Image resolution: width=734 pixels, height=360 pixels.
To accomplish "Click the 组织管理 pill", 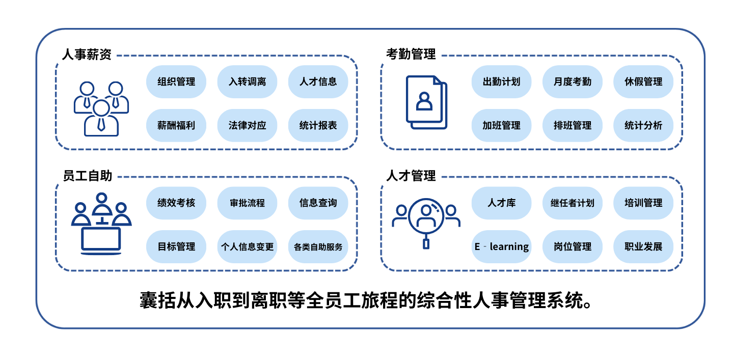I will tap(176, 81).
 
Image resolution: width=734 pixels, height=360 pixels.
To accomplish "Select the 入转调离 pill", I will tap(247, 81).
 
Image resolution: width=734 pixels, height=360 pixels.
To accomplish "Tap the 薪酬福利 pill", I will tap(176, 125).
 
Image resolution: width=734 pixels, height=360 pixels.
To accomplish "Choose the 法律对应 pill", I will tap(247, 125).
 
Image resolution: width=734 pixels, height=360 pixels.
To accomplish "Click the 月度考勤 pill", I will tap(573, 81).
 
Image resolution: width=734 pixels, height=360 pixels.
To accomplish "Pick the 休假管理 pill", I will tap(643, 81).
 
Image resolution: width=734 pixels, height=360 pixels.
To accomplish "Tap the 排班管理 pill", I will tap(573, 125).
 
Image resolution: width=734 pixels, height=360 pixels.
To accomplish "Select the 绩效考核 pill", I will tap(176, 203).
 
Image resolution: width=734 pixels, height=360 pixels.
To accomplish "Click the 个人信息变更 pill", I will tap(247, 247).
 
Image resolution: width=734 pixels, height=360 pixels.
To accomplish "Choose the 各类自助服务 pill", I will tap(318, 247).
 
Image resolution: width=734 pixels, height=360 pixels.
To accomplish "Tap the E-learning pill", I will tap(501, 247).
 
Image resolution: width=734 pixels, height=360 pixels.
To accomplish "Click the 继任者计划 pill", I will tap(573, 203).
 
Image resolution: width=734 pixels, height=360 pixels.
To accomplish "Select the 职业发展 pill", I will tap(643, 247).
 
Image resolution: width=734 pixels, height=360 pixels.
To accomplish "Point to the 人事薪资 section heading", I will tap(87, 54).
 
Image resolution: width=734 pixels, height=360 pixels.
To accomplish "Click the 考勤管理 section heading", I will tap(411, 54).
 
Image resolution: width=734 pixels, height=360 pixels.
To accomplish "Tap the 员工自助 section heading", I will tap(87, 176).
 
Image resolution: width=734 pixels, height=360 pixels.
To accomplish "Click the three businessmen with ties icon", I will tap(101, 108).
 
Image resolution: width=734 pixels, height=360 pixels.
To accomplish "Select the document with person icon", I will tap(426, 102).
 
